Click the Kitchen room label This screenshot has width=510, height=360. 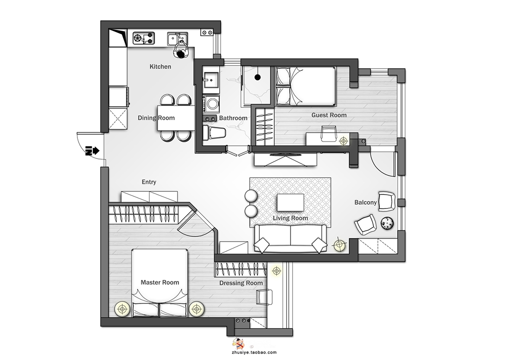[160, 67]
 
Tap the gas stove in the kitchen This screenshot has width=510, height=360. [143, 38]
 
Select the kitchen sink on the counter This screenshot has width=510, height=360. [178, 38]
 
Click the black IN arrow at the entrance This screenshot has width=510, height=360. [92, 151]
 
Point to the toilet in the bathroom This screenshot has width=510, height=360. [214, 133]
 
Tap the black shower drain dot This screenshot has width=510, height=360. [258, 77]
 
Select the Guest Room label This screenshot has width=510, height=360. [329, 115]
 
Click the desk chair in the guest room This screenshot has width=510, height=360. [329, 133]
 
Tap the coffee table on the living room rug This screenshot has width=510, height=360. [290, 203]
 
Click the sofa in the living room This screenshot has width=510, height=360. [290, 239]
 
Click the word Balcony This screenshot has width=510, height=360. [366, 202]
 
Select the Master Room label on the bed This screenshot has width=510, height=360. [159, 282]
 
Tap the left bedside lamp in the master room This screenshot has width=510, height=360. [122, 309]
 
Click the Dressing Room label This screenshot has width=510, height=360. [241, 283]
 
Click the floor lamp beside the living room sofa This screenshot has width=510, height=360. [339, 244]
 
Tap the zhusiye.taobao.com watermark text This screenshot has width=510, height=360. [255, 352]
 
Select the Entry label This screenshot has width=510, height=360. [149, 182]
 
